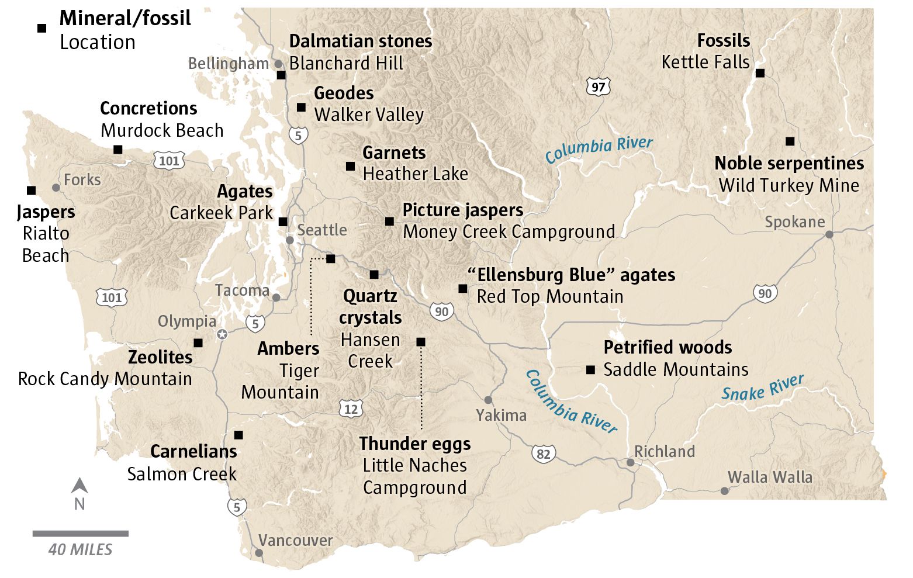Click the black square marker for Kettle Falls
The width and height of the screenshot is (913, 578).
(760, 73)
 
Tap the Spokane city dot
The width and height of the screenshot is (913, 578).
(829, 234)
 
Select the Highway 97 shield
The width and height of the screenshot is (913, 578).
(598, 87)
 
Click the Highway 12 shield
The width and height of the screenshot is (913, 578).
(351, 409)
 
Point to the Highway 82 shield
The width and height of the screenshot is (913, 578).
(543, 454)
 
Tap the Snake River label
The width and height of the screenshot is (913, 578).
(762, 388)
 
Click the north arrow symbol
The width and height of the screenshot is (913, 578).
(79, 486)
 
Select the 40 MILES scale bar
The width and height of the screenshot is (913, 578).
(80, 534)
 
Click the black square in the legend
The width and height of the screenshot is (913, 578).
(41, 28)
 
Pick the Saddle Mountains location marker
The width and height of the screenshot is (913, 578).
(590, 370)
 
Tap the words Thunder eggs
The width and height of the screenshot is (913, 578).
(414, 444)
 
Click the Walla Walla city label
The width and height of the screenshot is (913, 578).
(770, 477)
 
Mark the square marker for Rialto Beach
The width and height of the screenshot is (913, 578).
(32, 191)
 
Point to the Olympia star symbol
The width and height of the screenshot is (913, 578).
(222, 334)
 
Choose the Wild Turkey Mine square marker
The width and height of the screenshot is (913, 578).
(790, 141)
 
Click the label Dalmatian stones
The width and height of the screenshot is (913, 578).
(360, 41)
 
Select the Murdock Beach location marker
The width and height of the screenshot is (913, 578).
(117, 150)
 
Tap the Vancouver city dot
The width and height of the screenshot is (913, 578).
(259, 552)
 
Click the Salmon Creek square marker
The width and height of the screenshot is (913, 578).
(238, 435)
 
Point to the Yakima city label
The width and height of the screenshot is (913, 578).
(501, 415)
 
